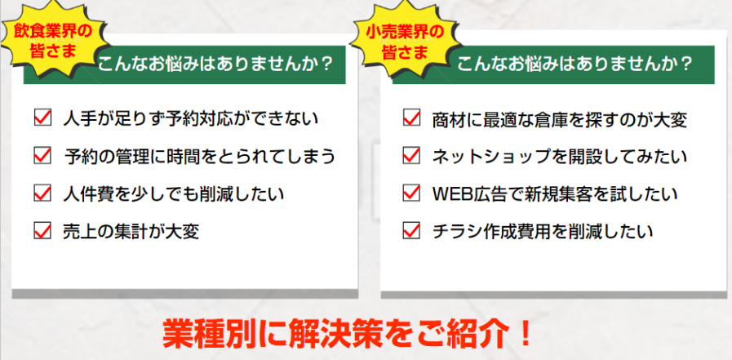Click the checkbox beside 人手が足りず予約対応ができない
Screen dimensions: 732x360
[42, 118]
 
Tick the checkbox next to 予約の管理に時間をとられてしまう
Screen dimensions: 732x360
[42, 155]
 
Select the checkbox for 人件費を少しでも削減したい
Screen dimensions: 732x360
[42, 193]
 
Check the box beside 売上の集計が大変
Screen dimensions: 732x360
[42, 231]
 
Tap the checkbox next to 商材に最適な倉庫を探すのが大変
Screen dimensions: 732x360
[411, 118]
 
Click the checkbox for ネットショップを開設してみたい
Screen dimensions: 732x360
[411, 155]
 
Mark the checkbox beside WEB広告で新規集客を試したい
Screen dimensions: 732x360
[411, 193]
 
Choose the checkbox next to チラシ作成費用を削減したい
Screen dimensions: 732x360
[411, 231]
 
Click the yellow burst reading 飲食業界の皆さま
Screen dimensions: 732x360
[53, 39]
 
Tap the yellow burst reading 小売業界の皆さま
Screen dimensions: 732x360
[404, 39]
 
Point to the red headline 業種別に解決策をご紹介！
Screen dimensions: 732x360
[348, 334]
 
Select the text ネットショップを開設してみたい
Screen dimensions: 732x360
[559, 156]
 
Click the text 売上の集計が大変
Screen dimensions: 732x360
[131, 231]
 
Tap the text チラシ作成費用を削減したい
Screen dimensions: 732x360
[543, 231]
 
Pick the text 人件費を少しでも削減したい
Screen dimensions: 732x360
[174, 193]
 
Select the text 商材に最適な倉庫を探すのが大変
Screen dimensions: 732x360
[559, 118]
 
